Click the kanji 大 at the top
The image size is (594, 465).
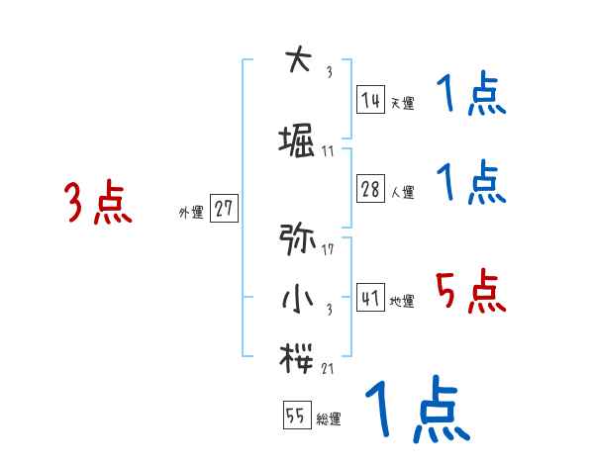click(296, 61)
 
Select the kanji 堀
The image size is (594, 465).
click(298, 141)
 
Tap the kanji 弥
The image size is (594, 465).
click(297, 238)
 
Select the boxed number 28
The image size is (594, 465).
click(371, 190)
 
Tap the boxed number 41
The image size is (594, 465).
click(371, 299)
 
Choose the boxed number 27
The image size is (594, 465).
click(225, 209)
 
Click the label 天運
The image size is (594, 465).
click(403, 103)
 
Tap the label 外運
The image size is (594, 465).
click(190, 213)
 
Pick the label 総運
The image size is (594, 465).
click(329, 420)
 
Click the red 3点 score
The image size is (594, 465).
click(98, 203)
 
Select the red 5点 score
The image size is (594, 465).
click(471, 292)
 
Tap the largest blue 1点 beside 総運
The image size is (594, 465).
click(416, 413)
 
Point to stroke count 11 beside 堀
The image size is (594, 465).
click(328, 152)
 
